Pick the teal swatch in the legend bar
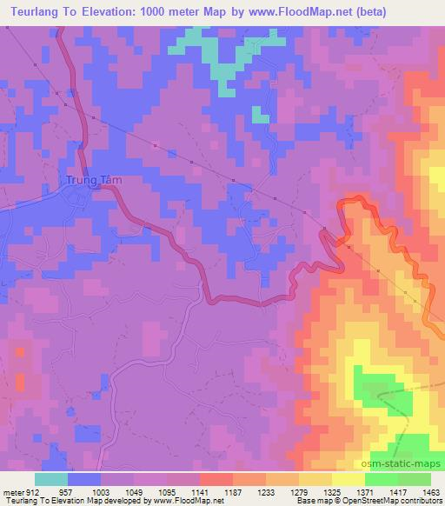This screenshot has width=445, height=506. coord(51,479)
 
